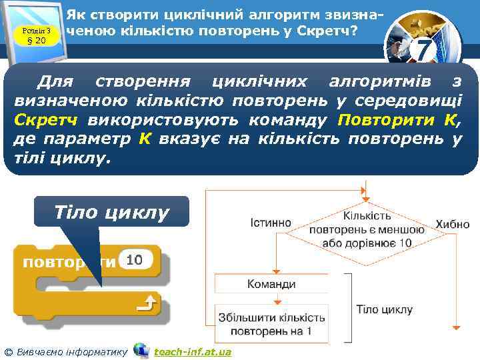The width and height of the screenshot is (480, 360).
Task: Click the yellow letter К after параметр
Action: tap(144, 139)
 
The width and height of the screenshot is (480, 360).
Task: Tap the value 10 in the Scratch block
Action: tap(134, 260)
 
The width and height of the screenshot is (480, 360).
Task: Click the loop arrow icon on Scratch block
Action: tap(145, 306)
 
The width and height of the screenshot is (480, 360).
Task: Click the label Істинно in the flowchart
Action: tap(270, 222)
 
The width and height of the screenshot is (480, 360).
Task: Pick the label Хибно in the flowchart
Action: tap(453, 225)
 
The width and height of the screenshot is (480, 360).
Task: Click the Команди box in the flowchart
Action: tap(271, 284)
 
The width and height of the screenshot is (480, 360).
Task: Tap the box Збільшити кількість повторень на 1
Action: tap(271, 324)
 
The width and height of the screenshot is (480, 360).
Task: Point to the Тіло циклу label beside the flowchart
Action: tap(384, 309)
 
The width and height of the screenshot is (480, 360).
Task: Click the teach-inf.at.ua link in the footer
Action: tap(193, 351)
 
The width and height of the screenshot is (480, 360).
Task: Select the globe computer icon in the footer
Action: tap(141, 350)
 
